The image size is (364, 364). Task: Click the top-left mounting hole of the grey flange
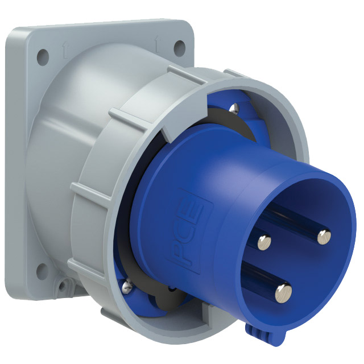[x=43, y=57]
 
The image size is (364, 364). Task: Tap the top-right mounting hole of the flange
[x=180, y=48]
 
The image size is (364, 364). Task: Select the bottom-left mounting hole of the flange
[x=42, y=271]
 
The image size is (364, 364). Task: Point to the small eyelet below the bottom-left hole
[x=62, y=286]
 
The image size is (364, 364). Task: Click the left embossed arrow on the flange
[x=65, y=51]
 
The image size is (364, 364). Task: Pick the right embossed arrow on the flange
[x=158, y=44]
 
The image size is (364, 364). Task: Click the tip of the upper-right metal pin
[x=324, y=237]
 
